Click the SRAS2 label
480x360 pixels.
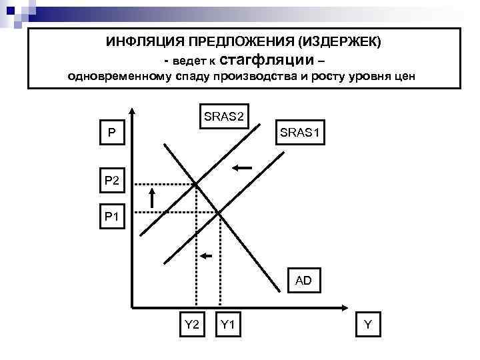[223, 117]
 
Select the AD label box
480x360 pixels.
[303, 281]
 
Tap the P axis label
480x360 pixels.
[111, 133]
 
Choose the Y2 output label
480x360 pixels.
[192, 325]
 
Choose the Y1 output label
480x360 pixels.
[227, 325]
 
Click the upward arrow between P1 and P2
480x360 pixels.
[152, 198]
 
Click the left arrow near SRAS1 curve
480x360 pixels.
[243, 167]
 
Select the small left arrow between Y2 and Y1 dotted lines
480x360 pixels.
[208, 255]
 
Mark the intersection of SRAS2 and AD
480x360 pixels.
[196, 183]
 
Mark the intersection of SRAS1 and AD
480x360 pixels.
[220, 213]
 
